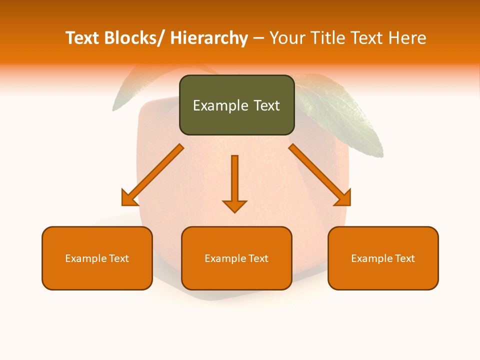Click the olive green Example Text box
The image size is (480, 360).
pos(236,105)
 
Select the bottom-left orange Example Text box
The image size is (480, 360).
pos(97,258)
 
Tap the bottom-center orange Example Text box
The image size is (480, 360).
pos(236,258)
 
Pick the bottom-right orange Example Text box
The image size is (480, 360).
pos(383,258)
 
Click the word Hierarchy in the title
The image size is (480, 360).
pos(209,38)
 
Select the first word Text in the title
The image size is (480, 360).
pos(82,38)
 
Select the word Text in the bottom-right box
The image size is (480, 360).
pos(404,258)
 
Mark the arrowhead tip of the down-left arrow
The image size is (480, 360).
pos(123,204)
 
